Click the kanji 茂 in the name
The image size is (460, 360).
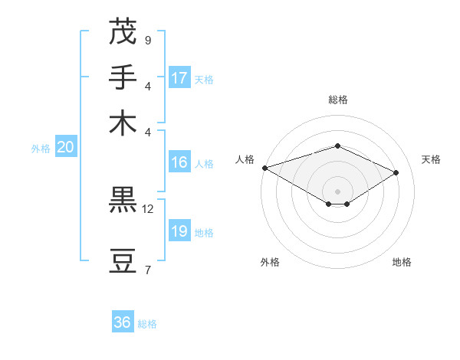[122, 31]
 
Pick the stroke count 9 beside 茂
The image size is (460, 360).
[147, 40]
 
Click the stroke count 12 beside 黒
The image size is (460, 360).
[147, 208]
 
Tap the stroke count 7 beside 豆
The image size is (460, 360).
[147, 270]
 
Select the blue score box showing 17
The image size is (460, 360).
[179, 78]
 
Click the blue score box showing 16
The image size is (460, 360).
[179, 162]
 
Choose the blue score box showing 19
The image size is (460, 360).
[179, 231]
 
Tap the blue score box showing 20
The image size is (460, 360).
[65, 148]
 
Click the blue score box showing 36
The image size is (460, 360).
[123, 322]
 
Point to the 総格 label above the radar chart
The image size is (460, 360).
[337, 100]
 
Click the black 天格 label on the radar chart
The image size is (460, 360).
[431, 159]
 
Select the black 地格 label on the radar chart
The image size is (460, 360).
[402, 262]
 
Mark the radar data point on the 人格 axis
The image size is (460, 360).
[264, 168]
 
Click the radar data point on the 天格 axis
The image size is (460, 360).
[396, 172]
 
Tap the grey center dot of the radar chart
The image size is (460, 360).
[337, 191]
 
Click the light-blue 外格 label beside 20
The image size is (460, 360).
[41, 149]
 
